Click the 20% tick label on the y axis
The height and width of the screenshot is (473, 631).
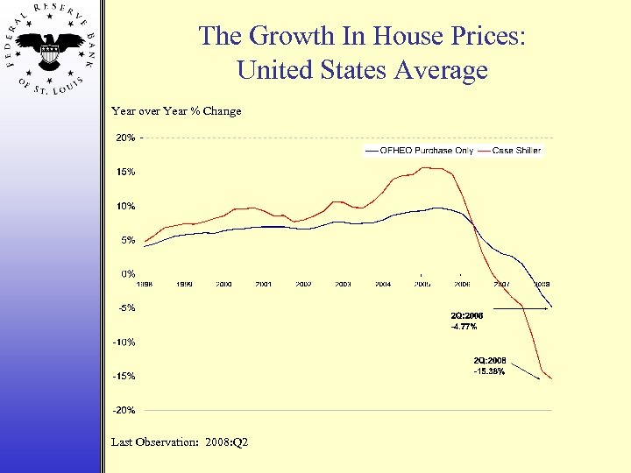[125, 138]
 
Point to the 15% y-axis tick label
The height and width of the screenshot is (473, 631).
[125, 172]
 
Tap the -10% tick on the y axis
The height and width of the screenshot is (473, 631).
[124, 342]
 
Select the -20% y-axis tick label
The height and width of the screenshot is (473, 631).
[124, 410]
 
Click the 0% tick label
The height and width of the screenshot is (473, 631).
[127, 274]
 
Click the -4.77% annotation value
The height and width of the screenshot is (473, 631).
[464, 326]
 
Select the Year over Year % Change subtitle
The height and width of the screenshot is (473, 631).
[176, 111]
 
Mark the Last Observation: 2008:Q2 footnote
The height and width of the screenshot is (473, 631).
[180, 441]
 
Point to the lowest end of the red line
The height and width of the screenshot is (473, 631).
[551, 378]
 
